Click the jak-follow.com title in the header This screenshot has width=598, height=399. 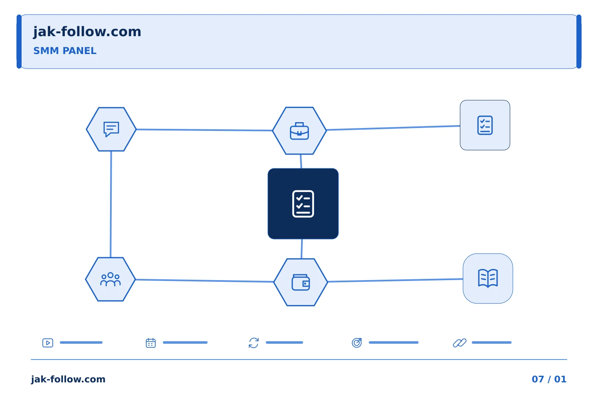click(87, 32)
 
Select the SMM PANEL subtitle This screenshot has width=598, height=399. click(65, 51)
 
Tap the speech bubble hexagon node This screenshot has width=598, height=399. click(111, 129)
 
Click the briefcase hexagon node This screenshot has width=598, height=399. click(299, 131)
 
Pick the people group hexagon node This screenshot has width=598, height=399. click(110, 279)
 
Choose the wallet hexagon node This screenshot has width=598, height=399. click(301, 282)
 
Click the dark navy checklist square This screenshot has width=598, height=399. click(303, 204)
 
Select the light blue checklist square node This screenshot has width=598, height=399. click(485, 125)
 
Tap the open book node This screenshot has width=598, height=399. click(488, 278)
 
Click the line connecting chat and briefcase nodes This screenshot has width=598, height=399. click(204, 130)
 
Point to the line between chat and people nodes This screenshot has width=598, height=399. click(111, 204)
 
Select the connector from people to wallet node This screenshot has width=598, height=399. click(204, 281)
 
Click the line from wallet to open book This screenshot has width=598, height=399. click(395, 281)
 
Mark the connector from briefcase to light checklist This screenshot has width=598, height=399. click(393, 128)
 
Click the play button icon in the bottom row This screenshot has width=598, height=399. click(48, 343)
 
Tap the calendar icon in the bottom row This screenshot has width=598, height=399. click(151, 343)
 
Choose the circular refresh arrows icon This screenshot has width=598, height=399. click(254, 343)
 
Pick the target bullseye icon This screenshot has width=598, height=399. click(357, 342)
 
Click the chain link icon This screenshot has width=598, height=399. click(459, 343)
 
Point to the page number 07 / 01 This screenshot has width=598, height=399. click(549, 379)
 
